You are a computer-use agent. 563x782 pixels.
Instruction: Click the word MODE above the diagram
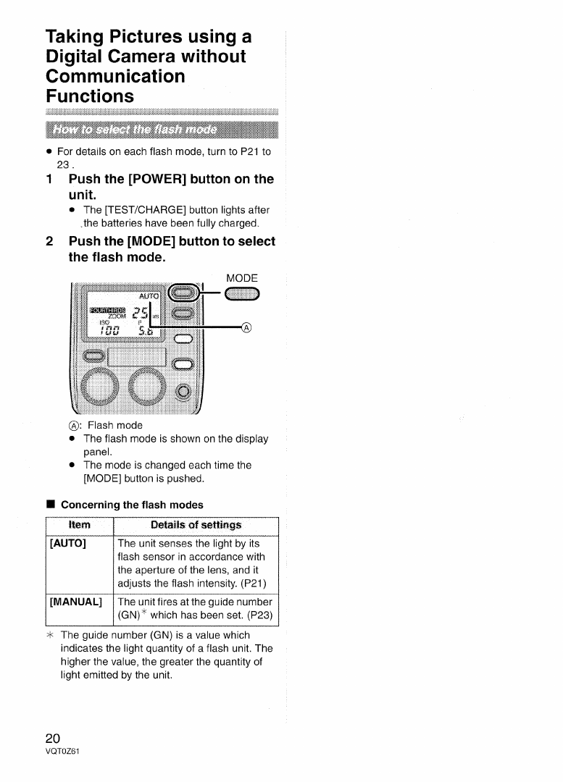242,278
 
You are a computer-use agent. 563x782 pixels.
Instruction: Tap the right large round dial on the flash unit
152,388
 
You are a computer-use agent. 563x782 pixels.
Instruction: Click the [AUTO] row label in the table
68,544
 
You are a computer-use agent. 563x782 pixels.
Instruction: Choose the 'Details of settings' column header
196,525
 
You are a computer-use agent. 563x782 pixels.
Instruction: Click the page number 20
53,739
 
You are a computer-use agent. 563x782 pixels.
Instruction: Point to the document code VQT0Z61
62,751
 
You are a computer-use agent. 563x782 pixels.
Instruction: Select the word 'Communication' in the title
115,76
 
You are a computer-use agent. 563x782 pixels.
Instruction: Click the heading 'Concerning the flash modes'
131,505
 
